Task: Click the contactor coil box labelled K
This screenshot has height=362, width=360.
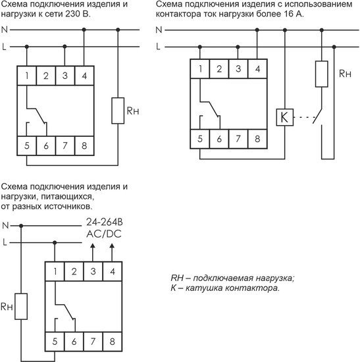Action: click(x=285, y=117)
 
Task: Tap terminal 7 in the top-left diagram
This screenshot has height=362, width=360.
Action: click(x=65, y=145)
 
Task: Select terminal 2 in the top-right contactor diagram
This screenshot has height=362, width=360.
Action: click(x=219, y=68)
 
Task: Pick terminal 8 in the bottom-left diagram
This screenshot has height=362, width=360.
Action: click(x=113, y=342)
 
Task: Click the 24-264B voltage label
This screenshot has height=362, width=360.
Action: click(x=105, y=222)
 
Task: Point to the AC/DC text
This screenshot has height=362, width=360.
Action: click(x=104, y=234)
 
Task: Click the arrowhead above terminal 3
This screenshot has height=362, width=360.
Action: click(x=93, y=246)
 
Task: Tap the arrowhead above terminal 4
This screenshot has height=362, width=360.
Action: click(x=112, y=246)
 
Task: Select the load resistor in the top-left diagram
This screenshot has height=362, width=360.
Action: click(x=118, y=111)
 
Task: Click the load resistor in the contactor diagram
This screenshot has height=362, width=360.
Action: click(x=322, y=74)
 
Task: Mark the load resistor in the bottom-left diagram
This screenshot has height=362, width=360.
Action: click(x=21, y=306)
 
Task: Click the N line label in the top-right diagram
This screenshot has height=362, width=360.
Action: click(x=159, y=30)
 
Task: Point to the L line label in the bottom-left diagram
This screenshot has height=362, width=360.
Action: click(x=5, y=242)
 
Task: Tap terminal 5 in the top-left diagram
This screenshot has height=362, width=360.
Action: click(x=27, y=145)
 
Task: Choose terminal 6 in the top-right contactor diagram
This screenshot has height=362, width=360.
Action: click(x=219, y=139)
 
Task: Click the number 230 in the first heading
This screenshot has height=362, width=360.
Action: click(x=72, y=14)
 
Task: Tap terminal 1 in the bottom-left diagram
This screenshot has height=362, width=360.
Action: click(x=55, y=271)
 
